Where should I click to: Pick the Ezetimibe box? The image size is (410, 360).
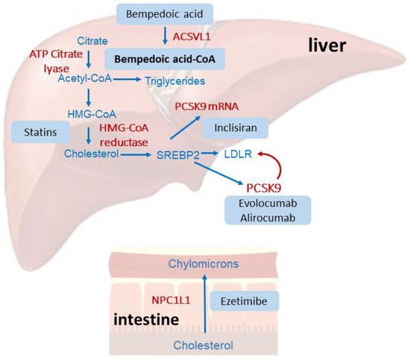(x=248, y=300)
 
